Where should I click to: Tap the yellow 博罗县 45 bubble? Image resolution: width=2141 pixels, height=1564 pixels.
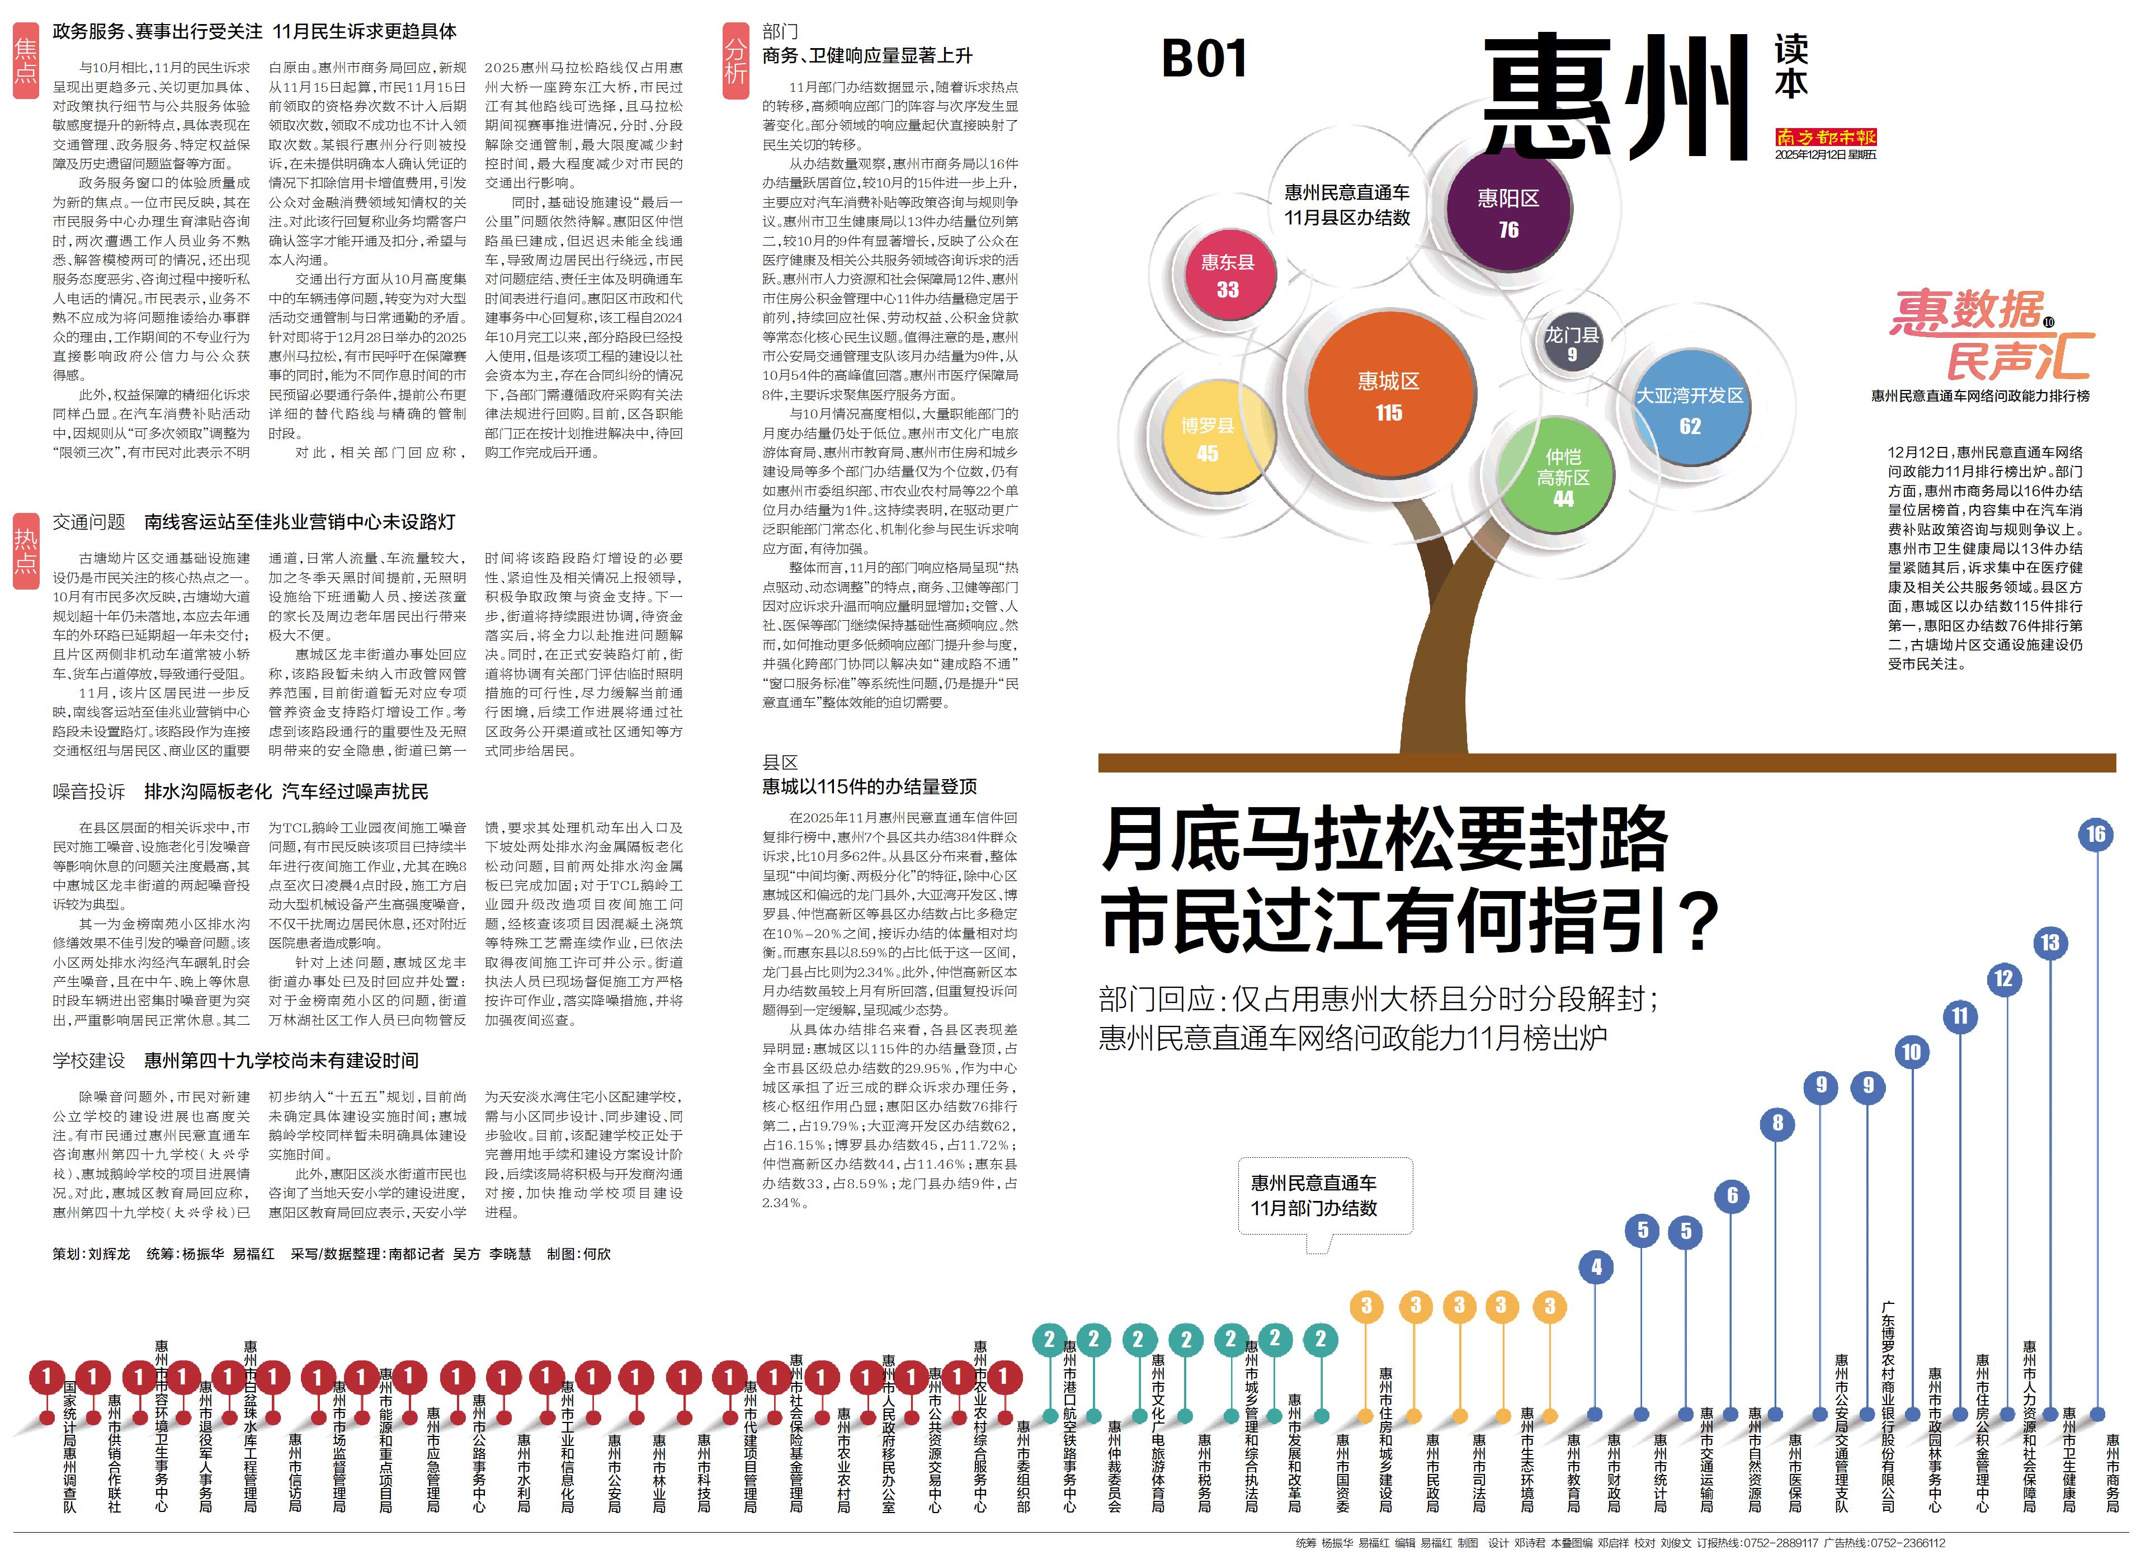1207,439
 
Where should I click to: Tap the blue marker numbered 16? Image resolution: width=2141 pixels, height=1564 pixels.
2096,834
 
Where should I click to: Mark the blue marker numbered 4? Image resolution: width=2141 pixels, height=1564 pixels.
1596,1267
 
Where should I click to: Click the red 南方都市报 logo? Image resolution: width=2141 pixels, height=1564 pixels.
1825,137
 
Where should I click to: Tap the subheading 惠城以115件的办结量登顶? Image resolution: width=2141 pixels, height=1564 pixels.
869,786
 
